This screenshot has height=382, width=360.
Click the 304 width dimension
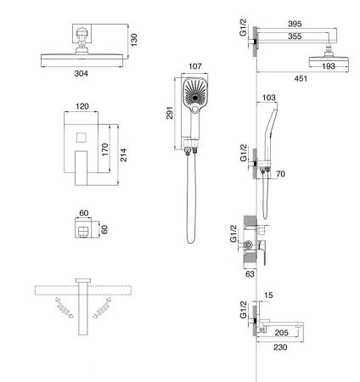(x=82, y=74)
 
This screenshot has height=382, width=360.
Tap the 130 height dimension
(x=134, y=40)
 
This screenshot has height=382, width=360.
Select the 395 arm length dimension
(x=295, y=24)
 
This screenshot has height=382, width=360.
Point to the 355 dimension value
(x=295, y=37)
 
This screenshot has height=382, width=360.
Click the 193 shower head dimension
(x=329, y=66)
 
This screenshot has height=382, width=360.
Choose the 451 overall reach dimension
(x=301, y=78)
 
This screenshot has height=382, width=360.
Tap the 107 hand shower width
(x=195, y=66)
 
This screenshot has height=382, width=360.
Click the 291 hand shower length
(x=169, y=113)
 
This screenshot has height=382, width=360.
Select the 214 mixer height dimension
(x=123, y=154)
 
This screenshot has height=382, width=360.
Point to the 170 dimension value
(x=104, y=149)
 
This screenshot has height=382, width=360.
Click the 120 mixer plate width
(x=82, y=106)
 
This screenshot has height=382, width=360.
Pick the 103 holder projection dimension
(x=269, y=98)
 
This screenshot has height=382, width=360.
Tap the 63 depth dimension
(x=250, y=273)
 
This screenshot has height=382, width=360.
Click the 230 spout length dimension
(x=280, y=347)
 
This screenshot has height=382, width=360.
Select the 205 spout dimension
(x=281, y=333)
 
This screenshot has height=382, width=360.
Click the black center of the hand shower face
(x=195, y=98)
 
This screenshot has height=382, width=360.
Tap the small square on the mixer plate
(x=82, y=138)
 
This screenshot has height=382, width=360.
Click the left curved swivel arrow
(x=65, y=308)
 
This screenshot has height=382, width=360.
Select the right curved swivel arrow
(x=102, y=308)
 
